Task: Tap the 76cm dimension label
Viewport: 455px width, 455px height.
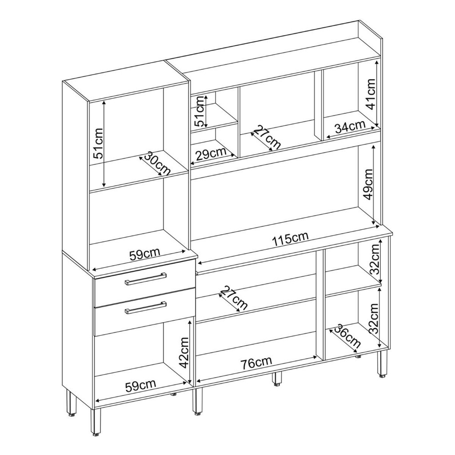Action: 256,363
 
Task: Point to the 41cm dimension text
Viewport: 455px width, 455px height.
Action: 371,94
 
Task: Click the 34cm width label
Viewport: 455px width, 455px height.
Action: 350,127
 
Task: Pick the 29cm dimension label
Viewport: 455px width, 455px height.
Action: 211,155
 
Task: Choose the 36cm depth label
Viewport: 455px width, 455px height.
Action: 347,337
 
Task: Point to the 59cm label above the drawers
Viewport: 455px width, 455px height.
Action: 144,255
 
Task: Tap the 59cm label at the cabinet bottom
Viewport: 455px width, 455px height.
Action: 140,385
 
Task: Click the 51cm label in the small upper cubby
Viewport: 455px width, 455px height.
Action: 200,111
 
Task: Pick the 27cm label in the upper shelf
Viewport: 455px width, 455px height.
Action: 267,138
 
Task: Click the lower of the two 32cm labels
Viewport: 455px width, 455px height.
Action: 373,318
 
